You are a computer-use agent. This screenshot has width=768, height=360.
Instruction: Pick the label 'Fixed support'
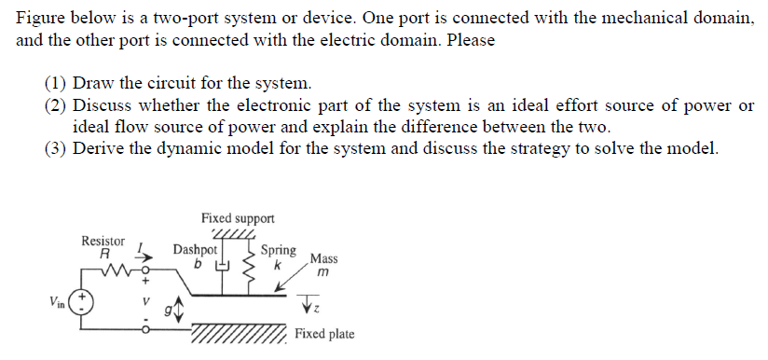(238, 217)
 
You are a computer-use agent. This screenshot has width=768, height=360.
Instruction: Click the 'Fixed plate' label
(324, 334)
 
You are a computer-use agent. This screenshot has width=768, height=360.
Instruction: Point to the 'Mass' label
(324, 258)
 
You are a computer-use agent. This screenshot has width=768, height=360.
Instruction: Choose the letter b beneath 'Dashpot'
(198, 264)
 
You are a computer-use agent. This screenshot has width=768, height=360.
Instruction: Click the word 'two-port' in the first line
(235, 19)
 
